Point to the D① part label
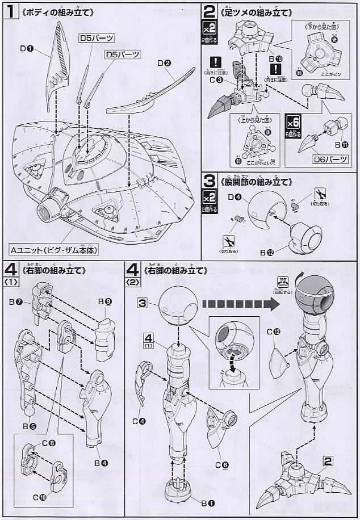tap(26, 49)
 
